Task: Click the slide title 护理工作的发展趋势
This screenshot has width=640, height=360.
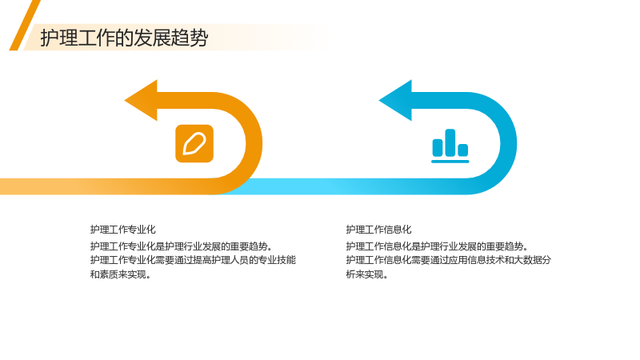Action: click(x=124, y=38)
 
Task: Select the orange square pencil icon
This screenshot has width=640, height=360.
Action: click(x=194, y=144)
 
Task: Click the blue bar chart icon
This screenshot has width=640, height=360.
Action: click(x=450, y=146)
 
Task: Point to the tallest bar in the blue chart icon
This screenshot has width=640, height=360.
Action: click(x=450, y=142)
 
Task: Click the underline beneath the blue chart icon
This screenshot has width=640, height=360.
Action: click(x=450, y=162)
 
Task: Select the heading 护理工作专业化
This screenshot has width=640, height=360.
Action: click(x=123, y=230)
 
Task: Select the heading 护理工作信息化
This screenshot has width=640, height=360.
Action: click(x=378, y=230)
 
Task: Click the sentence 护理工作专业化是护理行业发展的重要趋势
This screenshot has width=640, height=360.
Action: click(x=182, y=246)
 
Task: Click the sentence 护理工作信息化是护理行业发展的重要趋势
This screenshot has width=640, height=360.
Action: click(x=437, y=246)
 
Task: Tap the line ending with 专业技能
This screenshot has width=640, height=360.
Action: click(x=193, y=260)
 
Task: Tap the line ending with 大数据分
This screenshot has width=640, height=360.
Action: click(x=449, y=260)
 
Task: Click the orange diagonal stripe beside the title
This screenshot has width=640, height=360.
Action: click(x=25, y=26)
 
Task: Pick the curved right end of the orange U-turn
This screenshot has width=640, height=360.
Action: click(x=254, y=144)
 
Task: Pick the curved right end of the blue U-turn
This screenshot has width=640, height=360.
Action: click(x=508, y=144)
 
